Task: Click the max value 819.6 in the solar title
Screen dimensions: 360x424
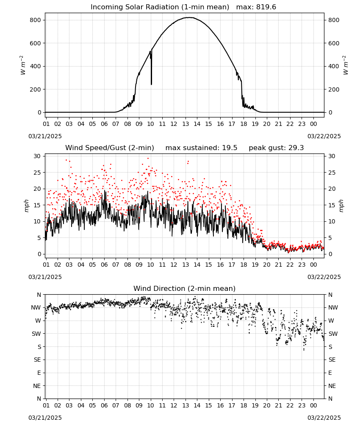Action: point(266,7)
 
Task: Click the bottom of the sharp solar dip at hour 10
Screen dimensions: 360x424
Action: point(151,84)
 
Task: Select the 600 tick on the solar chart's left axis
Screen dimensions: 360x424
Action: point(36,43)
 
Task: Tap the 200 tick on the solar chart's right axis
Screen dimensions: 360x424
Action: point(334,89)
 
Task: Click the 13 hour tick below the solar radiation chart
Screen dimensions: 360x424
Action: point(186,124)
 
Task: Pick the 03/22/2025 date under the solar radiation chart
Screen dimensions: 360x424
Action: point(324,136)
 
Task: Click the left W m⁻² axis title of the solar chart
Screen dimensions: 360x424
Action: point(23,65)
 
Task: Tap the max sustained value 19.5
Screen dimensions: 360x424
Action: point(230,148)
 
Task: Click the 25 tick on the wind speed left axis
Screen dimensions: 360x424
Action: point(37,173)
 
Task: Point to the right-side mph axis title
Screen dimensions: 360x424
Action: point(341,206)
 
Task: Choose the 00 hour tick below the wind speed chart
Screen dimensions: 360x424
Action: point(313,265)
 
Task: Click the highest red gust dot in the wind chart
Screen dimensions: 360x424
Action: point(148,158)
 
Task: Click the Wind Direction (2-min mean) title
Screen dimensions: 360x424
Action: point(185,288)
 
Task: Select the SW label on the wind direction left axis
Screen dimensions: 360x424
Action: point(36,334)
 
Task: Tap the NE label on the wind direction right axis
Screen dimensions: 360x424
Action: point(332,386)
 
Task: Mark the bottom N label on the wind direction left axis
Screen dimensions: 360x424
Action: point(39,399)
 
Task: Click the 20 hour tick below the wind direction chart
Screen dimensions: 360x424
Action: point(267,406)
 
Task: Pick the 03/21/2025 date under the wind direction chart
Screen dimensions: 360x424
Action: point(45,418)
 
